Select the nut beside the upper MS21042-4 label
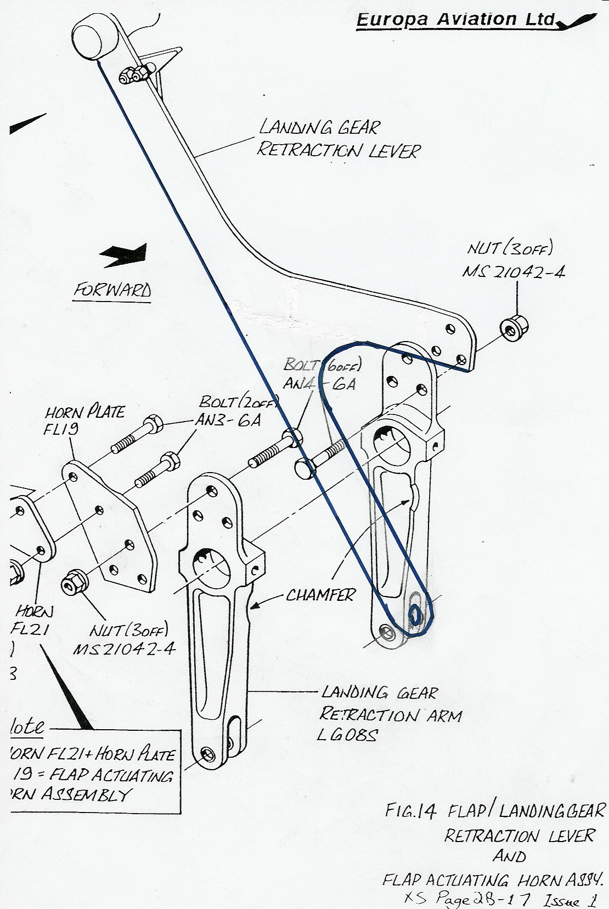point(511,329)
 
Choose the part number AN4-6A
point(319,383)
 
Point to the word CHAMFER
point(320,595)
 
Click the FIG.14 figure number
point(409,811)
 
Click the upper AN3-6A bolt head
point(153,424)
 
